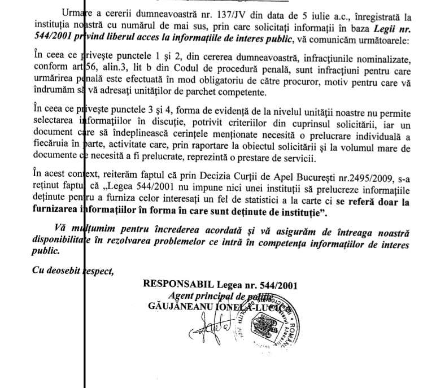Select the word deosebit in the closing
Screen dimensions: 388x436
(x=59, y=271)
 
